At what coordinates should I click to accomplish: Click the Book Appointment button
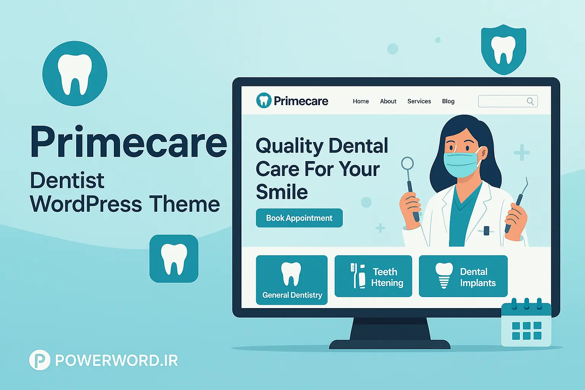click(x=299, y=218)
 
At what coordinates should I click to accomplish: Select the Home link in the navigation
click(x=361, y=101)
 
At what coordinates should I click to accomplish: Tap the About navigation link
click(x=388, y=101)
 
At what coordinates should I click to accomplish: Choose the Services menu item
click(x=419, y=101)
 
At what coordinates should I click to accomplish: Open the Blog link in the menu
click(x=448, y=101)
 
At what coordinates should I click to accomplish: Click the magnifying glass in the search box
click(x=530, y=101)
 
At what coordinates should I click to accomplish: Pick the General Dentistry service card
click(x=292, y=280)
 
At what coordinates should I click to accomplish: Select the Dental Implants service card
click(x=463, y=276)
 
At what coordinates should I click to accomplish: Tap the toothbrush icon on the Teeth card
click(x=353, y=275)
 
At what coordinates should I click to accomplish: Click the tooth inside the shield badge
click(x=503, y=50)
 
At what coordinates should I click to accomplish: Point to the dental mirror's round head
click(x=408, y=163)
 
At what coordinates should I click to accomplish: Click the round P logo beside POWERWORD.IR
click(x=40, y=360)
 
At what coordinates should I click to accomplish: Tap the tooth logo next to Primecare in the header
click(x=264, y=101)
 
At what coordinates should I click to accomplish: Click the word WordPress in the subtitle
click(x=86, y=204)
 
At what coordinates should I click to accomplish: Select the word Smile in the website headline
click(x=282, y=192)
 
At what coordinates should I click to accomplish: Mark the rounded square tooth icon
click(x=174, y=259)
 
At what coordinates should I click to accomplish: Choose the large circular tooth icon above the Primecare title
click(x=75, y=74)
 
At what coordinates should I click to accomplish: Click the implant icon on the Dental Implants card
click(x=444, y=275)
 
